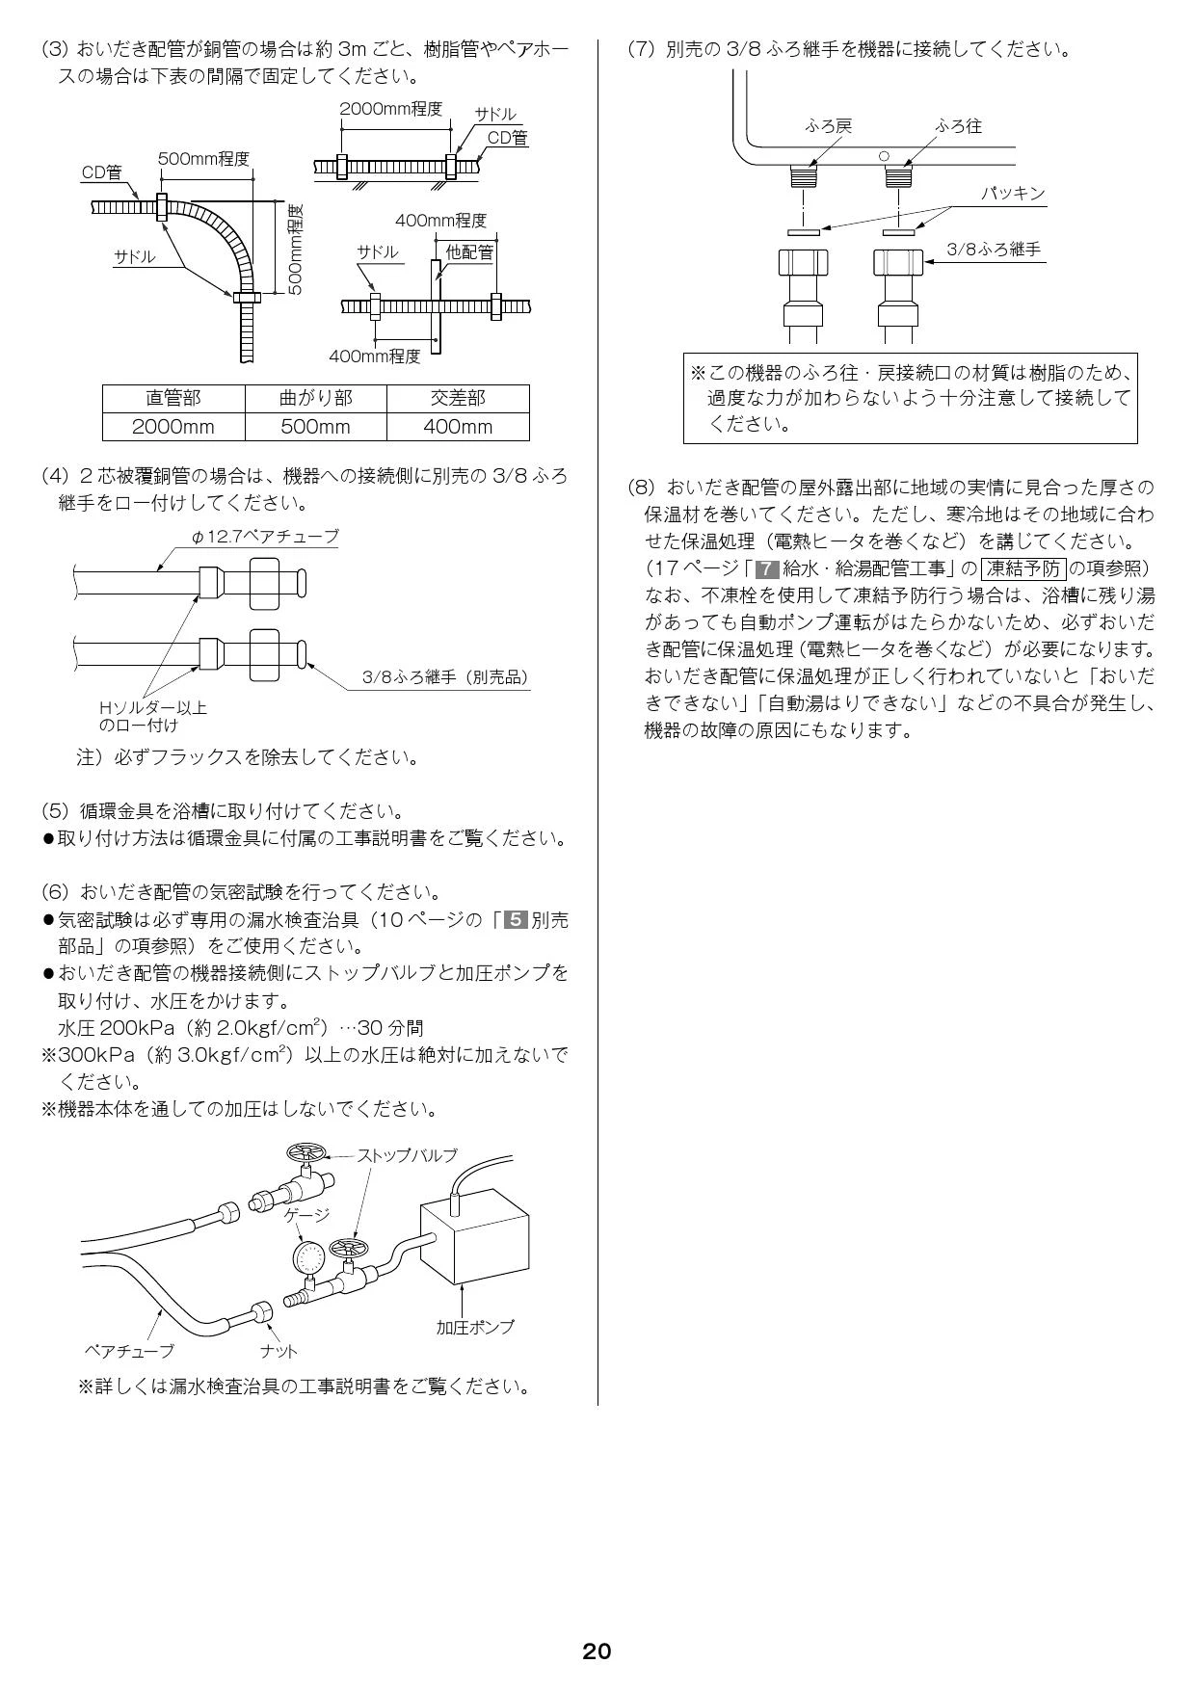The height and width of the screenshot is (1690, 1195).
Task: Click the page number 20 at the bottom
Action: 597,1651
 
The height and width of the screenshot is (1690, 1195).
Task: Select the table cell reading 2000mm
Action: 173,427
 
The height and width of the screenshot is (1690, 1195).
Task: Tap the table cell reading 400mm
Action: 458,427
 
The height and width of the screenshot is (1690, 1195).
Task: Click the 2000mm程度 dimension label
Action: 389,109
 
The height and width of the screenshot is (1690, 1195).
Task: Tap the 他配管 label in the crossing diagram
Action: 469,252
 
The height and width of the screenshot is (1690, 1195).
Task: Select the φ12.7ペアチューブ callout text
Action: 266,537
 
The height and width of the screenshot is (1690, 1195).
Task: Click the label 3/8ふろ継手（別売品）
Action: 445,677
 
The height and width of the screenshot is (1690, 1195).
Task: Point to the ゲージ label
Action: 306,1215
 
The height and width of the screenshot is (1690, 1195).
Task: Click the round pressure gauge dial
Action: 310,1258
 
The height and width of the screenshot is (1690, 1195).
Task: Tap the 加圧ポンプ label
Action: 475,1327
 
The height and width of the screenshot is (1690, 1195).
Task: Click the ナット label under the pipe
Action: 279,1351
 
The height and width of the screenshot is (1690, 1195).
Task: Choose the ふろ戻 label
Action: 828,126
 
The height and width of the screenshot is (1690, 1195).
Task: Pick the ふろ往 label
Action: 958,126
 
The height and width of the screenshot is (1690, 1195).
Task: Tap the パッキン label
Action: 1013,194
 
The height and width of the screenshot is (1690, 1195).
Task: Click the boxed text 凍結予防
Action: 1023,568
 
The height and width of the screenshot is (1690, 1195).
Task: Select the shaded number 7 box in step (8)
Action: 768,568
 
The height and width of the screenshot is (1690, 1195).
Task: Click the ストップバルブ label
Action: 407,1155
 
